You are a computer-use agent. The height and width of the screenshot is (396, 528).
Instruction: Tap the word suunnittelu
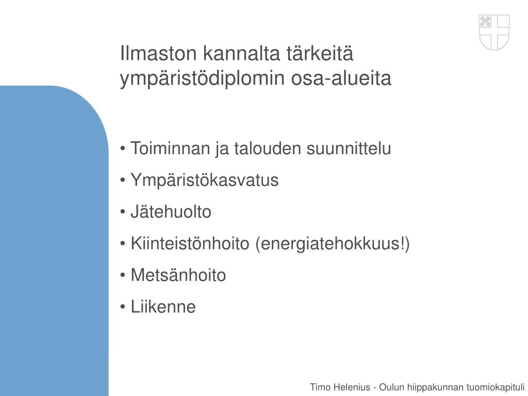349,148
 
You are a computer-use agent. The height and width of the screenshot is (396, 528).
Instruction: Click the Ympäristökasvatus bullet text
204,180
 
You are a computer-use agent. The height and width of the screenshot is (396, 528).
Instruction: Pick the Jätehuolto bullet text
171,212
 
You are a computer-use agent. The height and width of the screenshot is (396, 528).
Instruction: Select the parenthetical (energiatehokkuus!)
333,243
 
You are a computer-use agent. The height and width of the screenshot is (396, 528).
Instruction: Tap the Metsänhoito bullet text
178,275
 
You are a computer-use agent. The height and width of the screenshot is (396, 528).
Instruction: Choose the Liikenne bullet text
163,307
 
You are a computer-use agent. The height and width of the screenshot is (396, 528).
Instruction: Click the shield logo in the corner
494,32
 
